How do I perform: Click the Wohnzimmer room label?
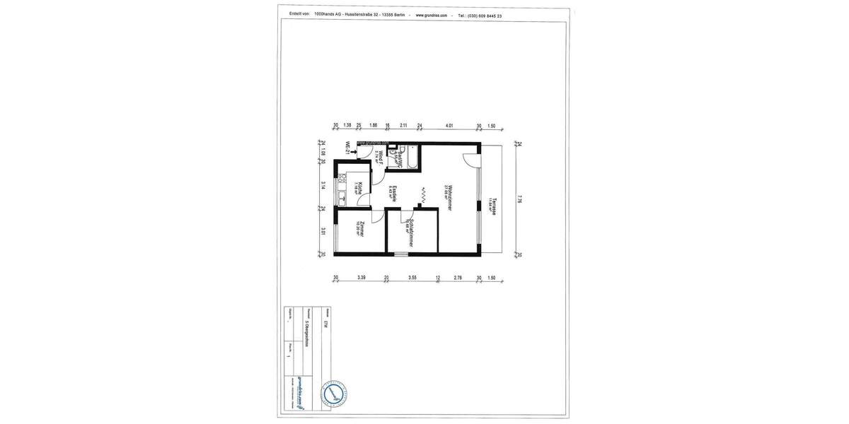pos(449,197)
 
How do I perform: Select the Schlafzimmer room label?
pos(410,232)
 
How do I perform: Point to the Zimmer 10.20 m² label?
pos(361,229)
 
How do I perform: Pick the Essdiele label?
pos(393,194)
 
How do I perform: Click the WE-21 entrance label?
pos(347,148)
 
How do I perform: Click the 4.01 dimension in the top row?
pos(449,126)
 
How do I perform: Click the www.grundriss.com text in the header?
pos(431,15)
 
